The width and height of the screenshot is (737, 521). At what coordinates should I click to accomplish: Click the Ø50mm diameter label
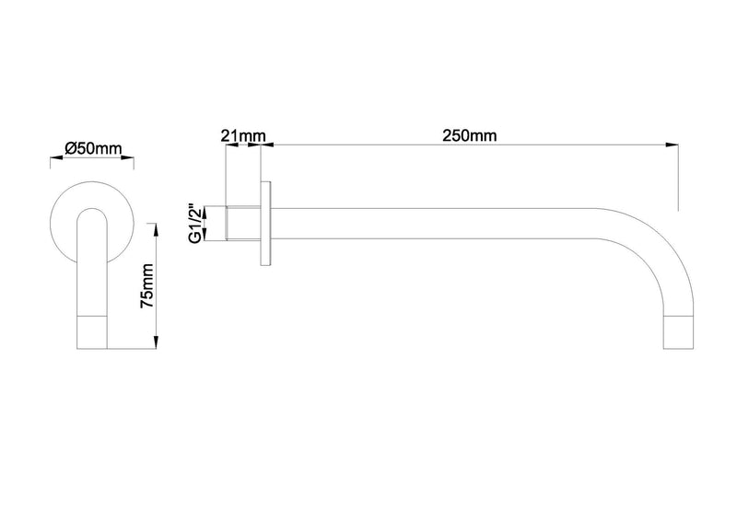92,147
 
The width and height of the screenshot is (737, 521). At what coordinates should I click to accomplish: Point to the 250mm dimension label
469,135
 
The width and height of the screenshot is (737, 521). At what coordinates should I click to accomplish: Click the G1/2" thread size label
195,224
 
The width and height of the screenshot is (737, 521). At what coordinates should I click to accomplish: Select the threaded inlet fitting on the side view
242,224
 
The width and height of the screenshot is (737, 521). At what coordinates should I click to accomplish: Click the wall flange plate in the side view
267,224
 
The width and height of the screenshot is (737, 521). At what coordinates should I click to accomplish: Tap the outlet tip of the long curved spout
677,333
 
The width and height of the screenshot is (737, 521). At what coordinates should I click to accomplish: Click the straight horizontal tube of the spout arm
442,224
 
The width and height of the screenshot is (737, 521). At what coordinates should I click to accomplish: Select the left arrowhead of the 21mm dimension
228,145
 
